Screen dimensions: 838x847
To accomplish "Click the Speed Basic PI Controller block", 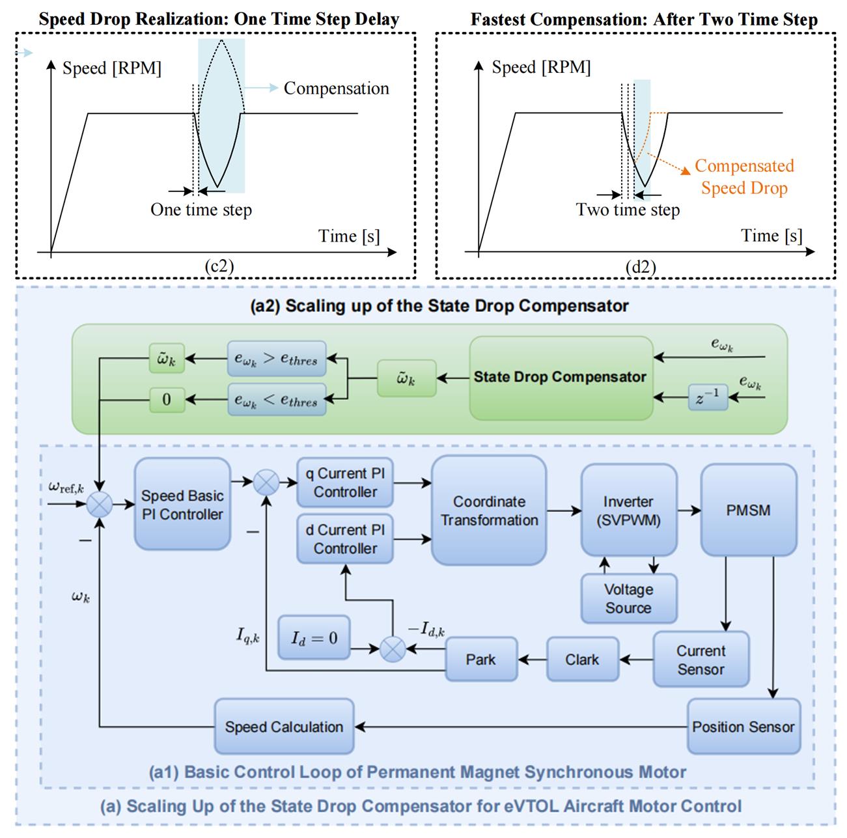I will (x=182, y=505).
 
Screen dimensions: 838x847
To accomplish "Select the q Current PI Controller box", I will (x=345, y=482).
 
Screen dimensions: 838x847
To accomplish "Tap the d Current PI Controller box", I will (x=345, y=539).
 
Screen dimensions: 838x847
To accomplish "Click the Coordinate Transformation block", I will (x=489, y=510).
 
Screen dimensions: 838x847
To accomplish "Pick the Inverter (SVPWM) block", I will (x=628, y=510).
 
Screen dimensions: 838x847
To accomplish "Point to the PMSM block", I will (x=748, y=510).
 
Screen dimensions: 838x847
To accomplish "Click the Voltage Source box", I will (x=628, y=598).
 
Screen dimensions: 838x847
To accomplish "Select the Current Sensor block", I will (x=701, y=660).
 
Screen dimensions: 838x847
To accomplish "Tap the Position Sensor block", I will (x=743, y=727).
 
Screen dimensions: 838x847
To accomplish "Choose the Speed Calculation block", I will (x=284, y=727).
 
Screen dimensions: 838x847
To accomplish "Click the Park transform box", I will (x=480, y=660).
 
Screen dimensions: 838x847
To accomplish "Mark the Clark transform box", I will (x=582, y=660).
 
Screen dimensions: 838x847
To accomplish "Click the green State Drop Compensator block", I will (x=560, y=377).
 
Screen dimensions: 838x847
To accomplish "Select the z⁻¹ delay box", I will (x=708, y=397).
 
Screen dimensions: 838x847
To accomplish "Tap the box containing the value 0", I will (x=167, y=398).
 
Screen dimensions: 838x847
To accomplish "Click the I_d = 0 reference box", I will (x=314, y=637).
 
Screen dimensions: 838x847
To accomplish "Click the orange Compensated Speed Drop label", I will (x=744, y=177).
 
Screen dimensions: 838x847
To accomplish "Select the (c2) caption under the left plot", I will (x=219, y=266).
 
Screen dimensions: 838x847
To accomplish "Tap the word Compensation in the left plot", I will (x=336, y=89).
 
